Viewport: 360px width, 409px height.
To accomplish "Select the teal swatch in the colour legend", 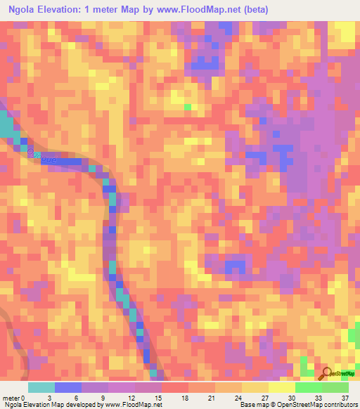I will click(x=41, y=387).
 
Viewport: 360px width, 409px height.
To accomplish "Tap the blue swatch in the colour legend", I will click(x=68, y=387).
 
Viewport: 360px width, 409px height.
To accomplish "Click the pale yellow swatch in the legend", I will click(x=282, y=387).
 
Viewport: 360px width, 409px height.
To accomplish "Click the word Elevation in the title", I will click(x=67, y=9).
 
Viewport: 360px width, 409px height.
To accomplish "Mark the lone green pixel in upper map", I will click(x=188, y=107).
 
